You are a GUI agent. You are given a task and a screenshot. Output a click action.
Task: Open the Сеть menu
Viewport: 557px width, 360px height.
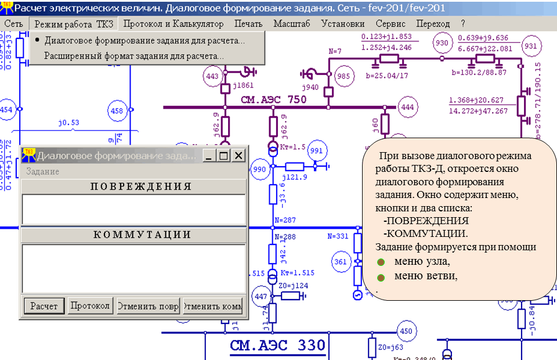coord(13,24)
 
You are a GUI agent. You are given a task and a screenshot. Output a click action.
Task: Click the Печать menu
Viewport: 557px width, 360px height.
coord(249,24)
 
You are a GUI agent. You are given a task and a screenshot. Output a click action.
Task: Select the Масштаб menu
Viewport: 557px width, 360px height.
coord(291,24)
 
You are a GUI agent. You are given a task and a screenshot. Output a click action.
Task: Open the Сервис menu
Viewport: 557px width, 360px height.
coord(390,24)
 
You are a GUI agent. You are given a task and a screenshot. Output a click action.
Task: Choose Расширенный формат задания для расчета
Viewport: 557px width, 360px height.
coord(134,56)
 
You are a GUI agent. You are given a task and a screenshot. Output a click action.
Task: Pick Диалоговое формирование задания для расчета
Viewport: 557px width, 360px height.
coord(144,41)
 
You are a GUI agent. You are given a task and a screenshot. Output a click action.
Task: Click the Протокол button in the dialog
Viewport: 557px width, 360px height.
coord(90,306)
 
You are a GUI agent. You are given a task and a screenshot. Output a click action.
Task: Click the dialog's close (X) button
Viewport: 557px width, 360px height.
coord(239,156)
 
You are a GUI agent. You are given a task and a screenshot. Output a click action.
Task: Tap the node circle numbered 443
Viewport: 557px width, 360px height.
coord(212,76)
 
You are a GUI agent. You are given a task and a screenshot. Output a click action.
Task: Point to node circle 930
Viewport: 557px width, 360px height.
coord(442,43)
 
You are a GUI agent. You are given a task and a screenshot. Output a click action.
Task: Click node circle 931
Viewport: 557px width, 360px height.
coord(530,46)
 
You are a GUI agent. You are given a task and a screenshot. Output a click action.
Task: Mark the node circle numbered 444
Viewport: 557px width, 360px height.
coord(407,107)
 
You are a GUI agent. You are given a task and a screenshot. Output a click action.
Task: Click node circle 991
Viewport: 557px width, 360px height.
coord(317,150)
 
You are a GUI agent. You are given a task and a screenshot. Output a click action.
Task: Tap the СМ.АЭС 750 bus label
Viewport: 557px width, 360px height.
coord(273,99)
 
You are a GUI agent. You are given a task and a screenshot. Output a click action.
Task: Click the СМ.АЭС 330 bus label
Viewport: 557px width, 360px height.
coord(277,346)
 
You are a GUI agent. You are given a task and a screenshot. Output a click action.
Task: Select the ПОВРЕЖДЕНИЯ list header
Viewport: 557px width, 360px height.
coord(135,186)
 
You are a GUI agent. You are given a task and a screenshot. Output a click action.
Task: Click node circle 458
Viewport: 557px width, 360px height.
coord(117,110)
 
